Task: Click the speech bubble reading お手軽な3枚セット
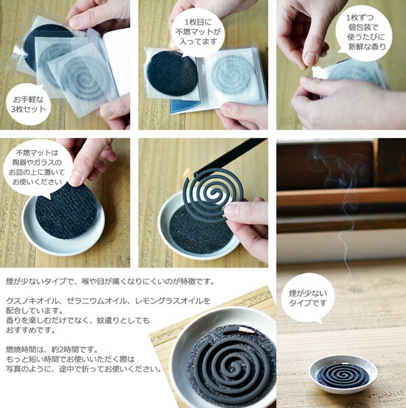pyautogui.click(x=28, y=104)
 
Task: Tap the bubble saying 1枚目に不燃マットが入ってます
pyautogui.click(x=198, y=32)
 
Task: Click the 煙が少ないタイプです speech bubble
pyautogui.click(x=307, y=298)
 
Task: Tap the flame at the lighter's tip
pyautogui.click(x=187, y=174)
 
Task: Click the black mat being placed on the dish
pyautogui.click(x=66, y=211)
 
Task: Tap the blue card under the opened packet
pyautogui.click(x=185, y=106)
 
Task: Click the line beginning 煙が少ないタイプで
pyautogui.click(x=110, y=282)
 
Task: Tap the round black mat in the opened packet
pyautogui.click(x=172, y=74)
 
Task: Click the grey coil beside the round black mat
pyautogui.click(x=233, y=74)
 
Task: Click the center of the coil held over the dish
pyautogui.click(x=214, y=194)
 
